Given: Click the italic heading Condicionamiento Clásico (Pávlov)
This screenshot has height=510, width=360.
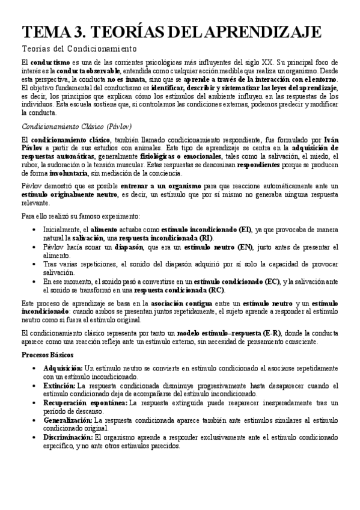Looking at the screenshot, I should coord(76,127).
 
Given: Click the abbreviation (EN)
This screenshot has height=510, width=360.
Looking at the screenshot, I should coord(244,247).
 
